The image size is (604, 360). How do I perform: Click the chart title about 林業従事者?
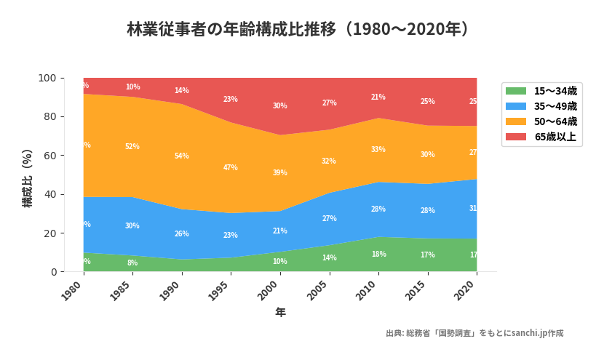coord(301,30)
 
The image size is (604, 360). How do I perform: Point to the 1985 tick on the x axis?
coord(124,292)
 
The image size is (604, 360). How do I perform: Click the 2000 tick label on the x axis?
coord(271,292)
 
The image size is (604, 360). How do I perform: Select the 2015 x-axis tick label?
coord(418,292)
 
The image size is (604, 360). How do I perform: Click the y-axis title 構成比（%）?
coord(28,178)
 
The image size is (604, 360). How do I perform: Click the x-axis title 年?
coord(280,313)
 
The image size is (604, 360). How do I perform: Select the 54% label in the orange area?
coord(182,156)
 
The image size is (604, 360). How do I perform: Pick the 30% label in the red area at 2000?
coord(280,106)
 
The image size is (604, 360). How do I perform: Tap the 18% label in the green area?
coord(378,255)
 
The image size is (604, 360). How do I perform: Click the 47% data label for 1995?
coord(231,168)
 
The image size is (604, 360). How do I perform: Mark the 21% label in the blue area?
coord(280,231)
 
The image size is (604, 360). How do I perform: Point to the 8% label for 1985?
coord(132,263)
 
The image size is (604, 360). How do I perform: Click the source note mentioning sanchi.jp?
coord(474,333)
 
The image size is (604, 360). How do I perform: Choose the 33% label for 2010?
coord(378,150)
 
